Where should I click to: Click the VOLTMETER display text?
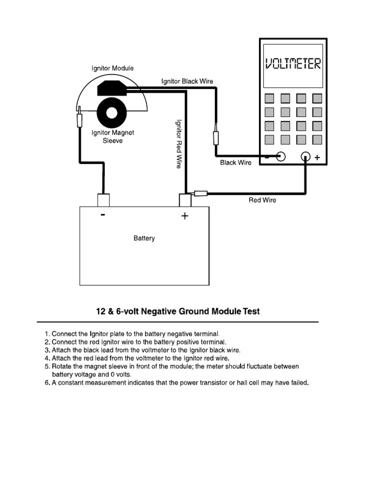tap(293, 64)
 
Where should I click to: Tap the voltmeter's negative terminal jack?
tap(281, 157)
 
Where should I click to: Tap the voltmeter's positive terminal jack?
tap(305, 157)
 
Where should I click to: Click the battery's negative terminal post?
tap(103, 200)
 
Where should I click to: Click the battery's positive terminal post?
tap(185, 200)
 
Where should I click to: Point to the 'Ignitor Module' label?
tap(113, 69)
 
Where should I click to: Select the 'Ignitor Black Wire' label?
tap(187, 82)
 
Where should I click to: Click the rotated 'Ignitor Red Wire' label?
tap(178, 144)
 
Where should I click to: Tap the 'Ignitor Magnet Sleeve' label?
tap(113, 137)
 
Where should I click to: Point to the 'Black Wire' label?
tap(236, 163)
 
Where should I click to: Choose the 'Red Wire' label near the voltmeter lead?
tap(262, 200)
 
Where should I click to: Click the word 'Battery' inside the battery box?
tap(144, 238)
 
